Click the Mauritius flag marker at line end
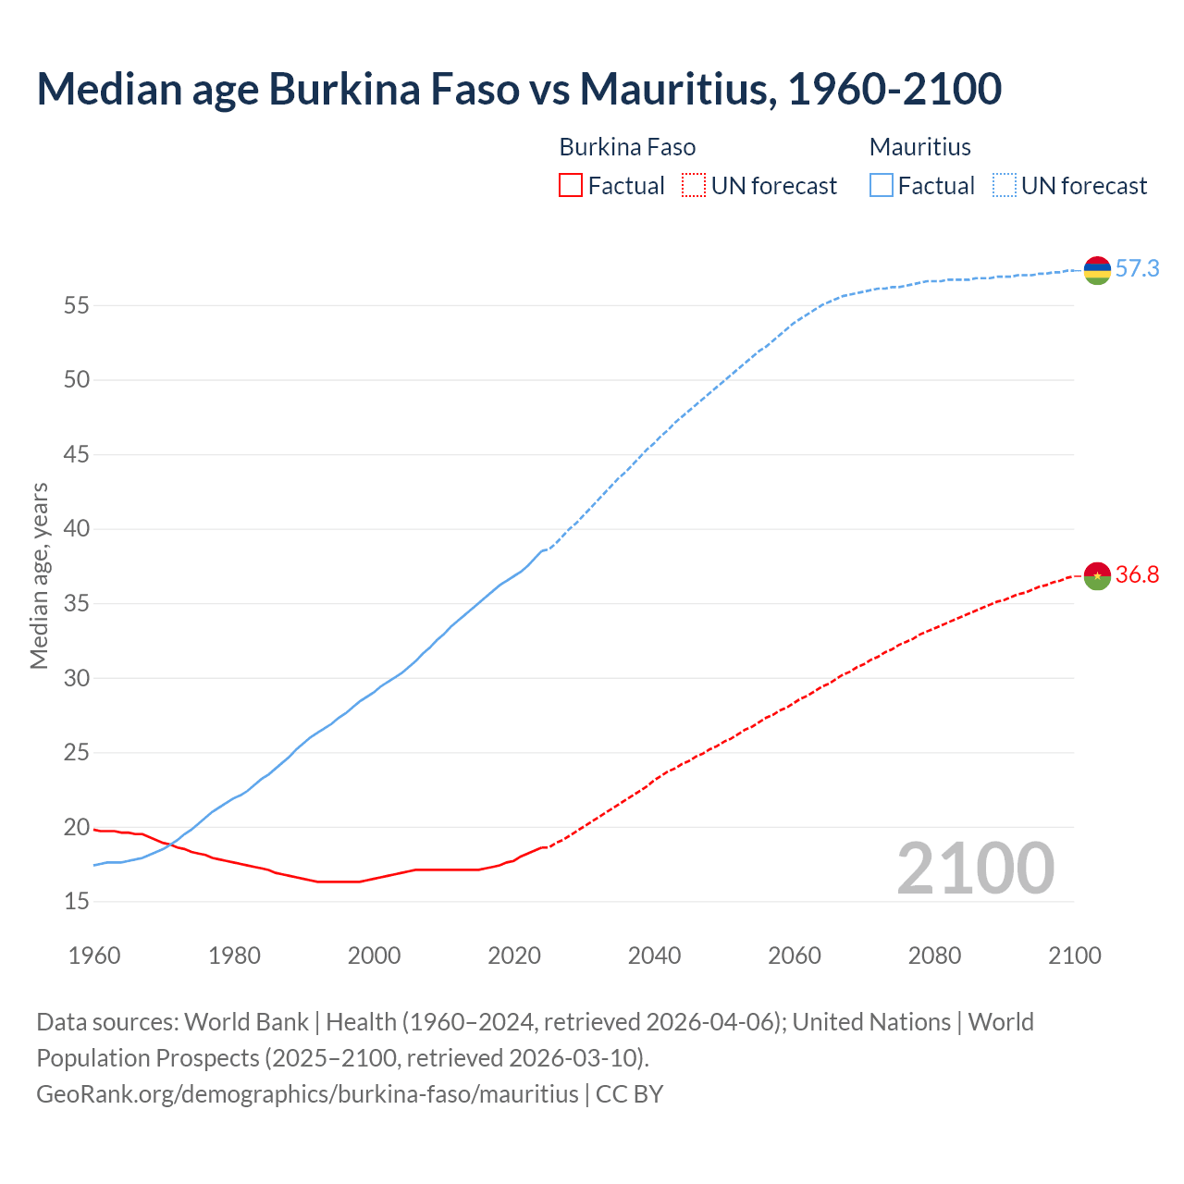(1097, 270)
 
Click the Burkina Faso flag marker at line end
(1097, 575)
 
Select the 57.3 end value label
(1137, 269)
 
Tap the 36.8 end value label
(1137, 575)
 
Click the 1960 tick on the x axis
(94, 956)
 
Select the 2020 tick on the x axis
(514, 956)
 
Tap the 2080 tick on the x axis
(934, 956)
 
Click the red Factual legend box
(571, 186)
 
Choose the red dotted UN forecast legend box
(694, 186)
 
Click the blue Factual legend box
(882, 186)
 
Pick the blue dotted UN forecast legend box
(1005, 186)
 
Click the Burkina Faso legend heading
(627, 147)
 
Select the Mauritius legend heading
(920, 147)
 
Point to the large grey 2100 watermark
(975, 868)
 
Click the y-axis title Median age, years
(39, 575)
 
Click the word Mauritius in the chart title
(677, 89)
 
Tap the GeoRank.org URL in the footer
(307, 1094)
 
